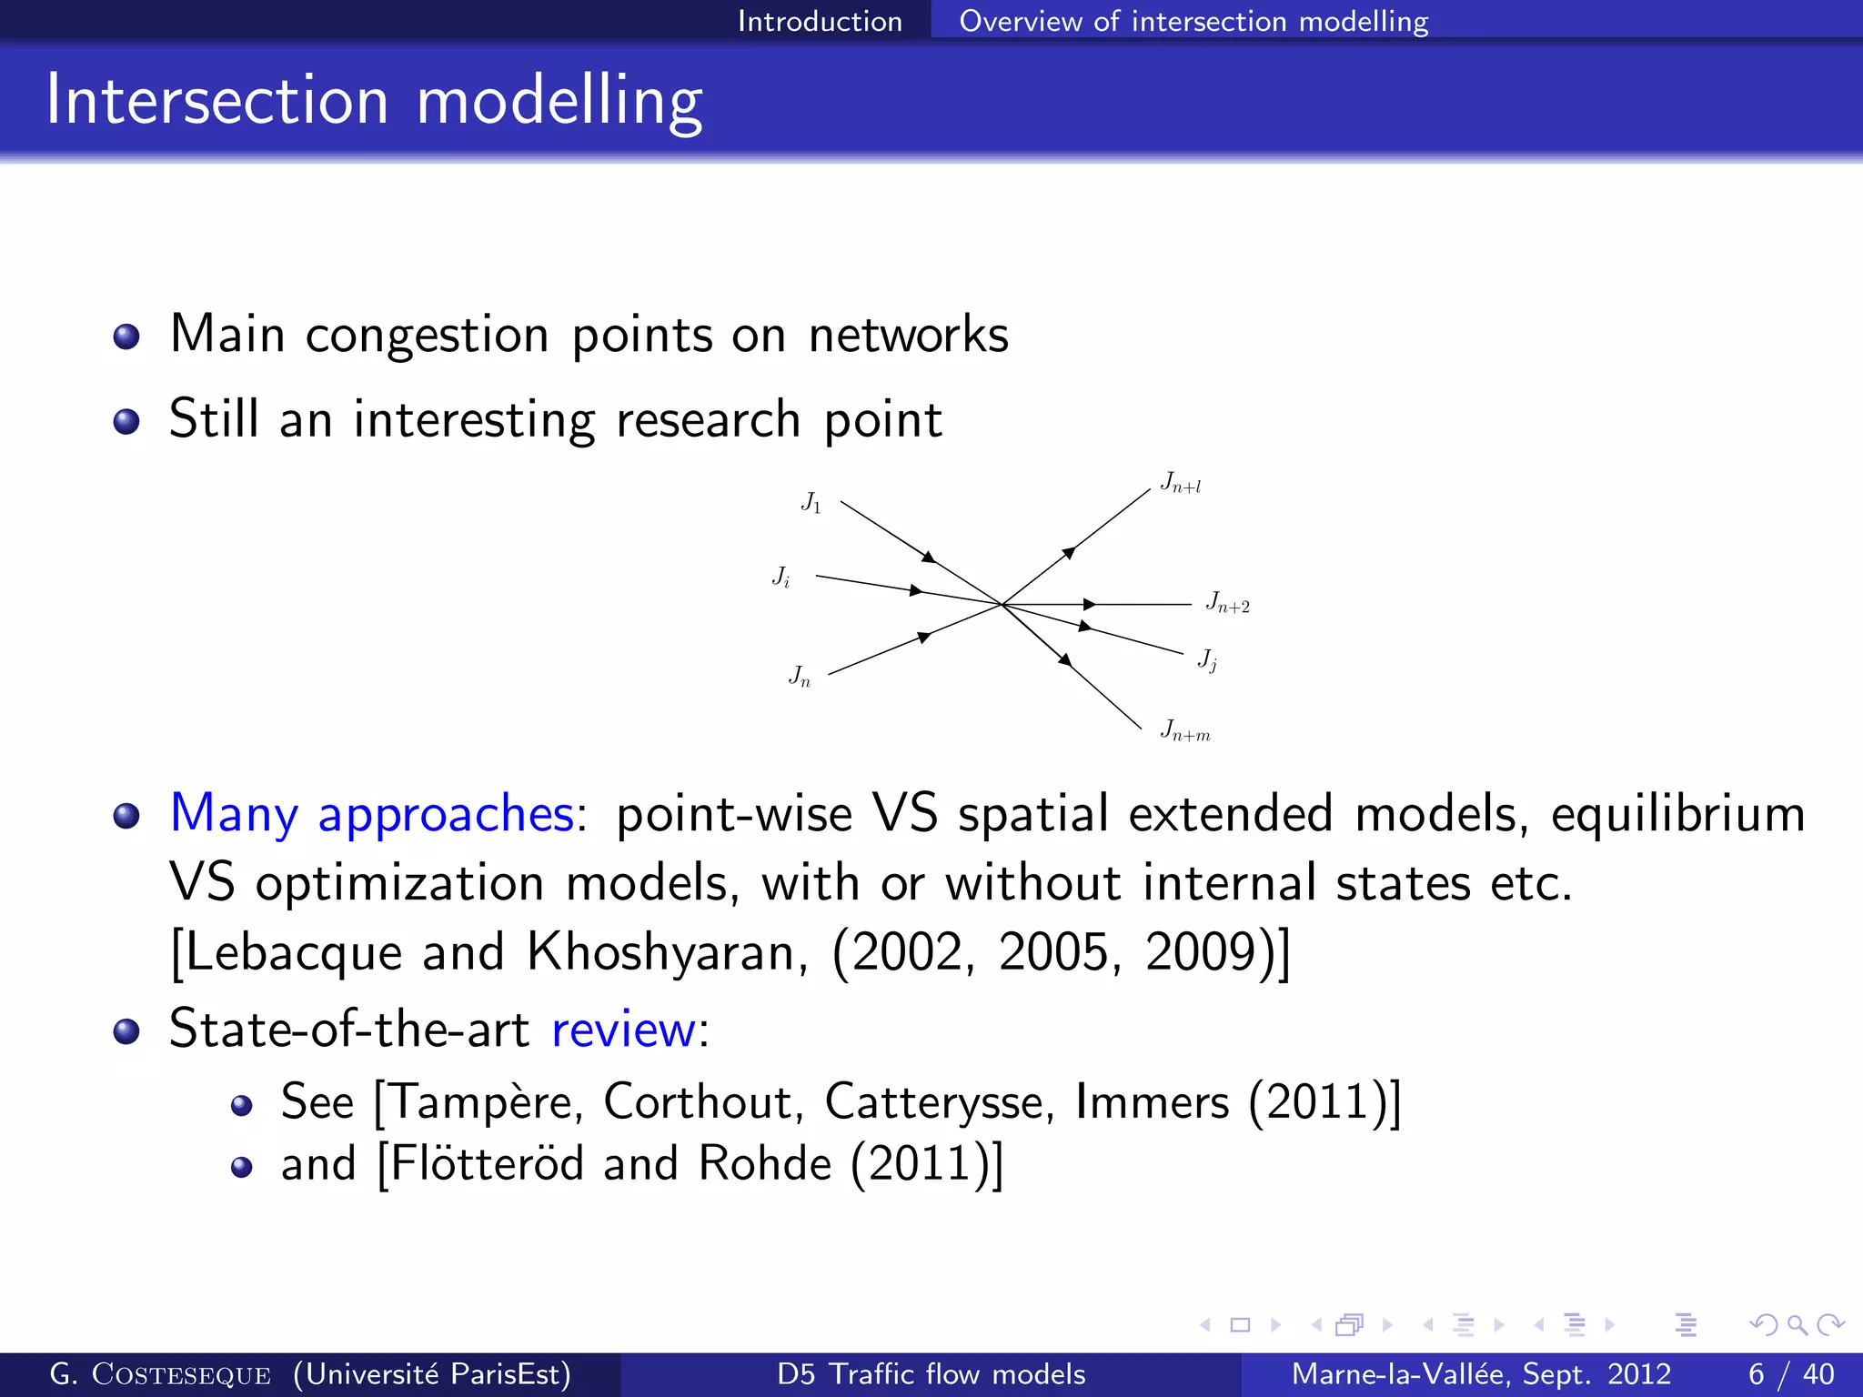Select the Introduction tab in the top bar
pyautogui.click(x=819, y=21)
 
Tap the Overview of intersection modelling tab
pyautogui.click(x=1193, y=21)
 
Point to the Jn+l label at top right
pyautogui.click(x=1180, y=483)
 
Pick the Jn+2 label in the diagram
pyautogui.click(x=1227, y=603)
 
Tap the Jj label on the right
pyautogui.click(x=1207, y=659)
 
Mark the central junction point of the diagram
pyautogui.click(x=1002, y=604)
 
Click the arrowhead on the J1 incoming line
pyautogui.click(x=928, y=557)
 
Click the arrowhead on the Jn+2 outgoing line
pyautogui.click(x=1089, y=604)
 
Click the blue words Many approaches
pyautogui.click(x=371, y=813)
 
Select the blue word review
pyautogui.click(x=623, y=1030)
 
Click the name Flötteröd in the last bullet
pyautogui.click(x=488, y=1164)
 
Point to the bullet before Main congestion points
pyautogui.click(x=126, y=337)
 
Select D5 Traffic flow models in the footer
pyautogui.click(x=931, y=1374)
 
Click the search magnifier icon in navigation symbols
pyautogui.click(x=1797, y=1325)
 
